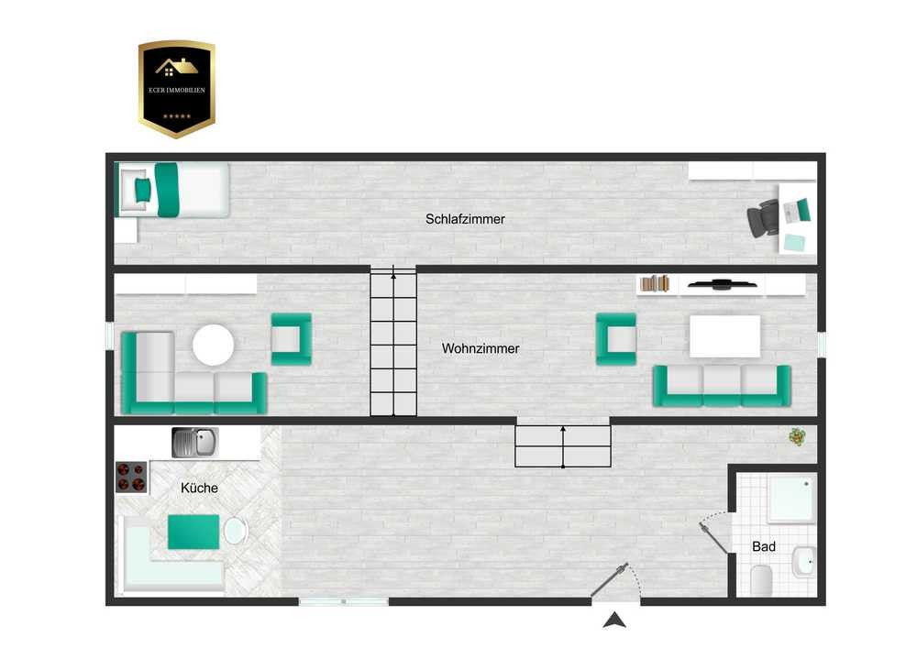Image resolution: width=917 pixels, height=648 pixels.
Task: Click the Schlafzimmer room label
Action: pos(465,219)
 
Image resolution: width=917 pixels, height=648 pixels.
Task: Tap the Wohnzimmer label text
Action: pos(481,348)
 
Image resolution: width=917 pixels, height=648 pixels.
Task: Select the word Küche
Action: pos(199,488)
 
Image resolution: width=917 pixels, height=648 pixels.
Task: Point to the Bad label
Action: pos(764,546)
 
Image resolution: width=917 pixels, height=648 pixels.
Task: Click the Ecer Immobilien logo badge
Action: pos(177,89)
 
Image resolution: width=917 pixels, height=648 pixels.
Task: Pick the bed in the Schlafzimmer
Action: pos(173,190)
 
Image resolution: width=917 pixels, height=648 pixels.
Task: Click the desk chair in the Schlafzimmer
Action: pos(763,218)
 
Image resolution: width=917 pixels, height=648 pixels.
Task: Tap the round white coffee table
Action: pos(214,345)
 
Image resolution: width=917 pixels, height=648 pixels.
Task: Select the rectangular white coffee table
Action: pos(725,336)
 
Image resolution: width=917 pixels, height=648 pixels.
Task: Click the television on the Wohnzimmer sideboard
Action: pos(723,284)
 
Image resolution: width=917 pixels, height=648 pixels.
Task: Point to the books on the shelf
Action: pos(655,283)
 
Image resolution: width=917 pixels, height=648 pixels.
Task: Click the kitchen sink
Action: pos(195,443)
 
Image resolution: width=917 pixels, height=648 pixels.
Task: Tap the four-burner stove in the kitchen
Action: pos(131,477)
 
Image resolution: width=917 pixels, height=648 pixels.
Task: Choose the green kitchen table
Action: pos(193,532)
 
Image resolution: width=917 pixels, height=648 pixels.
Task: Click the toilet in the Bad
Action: pos(761,580)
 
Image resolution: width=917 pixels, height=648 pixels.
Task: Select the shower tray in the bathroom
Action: pos(791,499)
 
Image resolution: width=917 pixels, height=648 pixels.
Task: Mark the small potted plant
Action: pos(797,436)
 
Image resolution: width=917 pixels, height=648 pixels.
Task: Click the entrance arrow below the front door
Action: pos(614,620)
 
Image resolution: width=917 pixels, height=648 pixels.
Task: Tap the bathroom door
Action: pos(713,538)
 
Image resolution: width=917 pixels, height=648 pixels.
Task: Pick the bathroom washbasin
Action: pos(803,561)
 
